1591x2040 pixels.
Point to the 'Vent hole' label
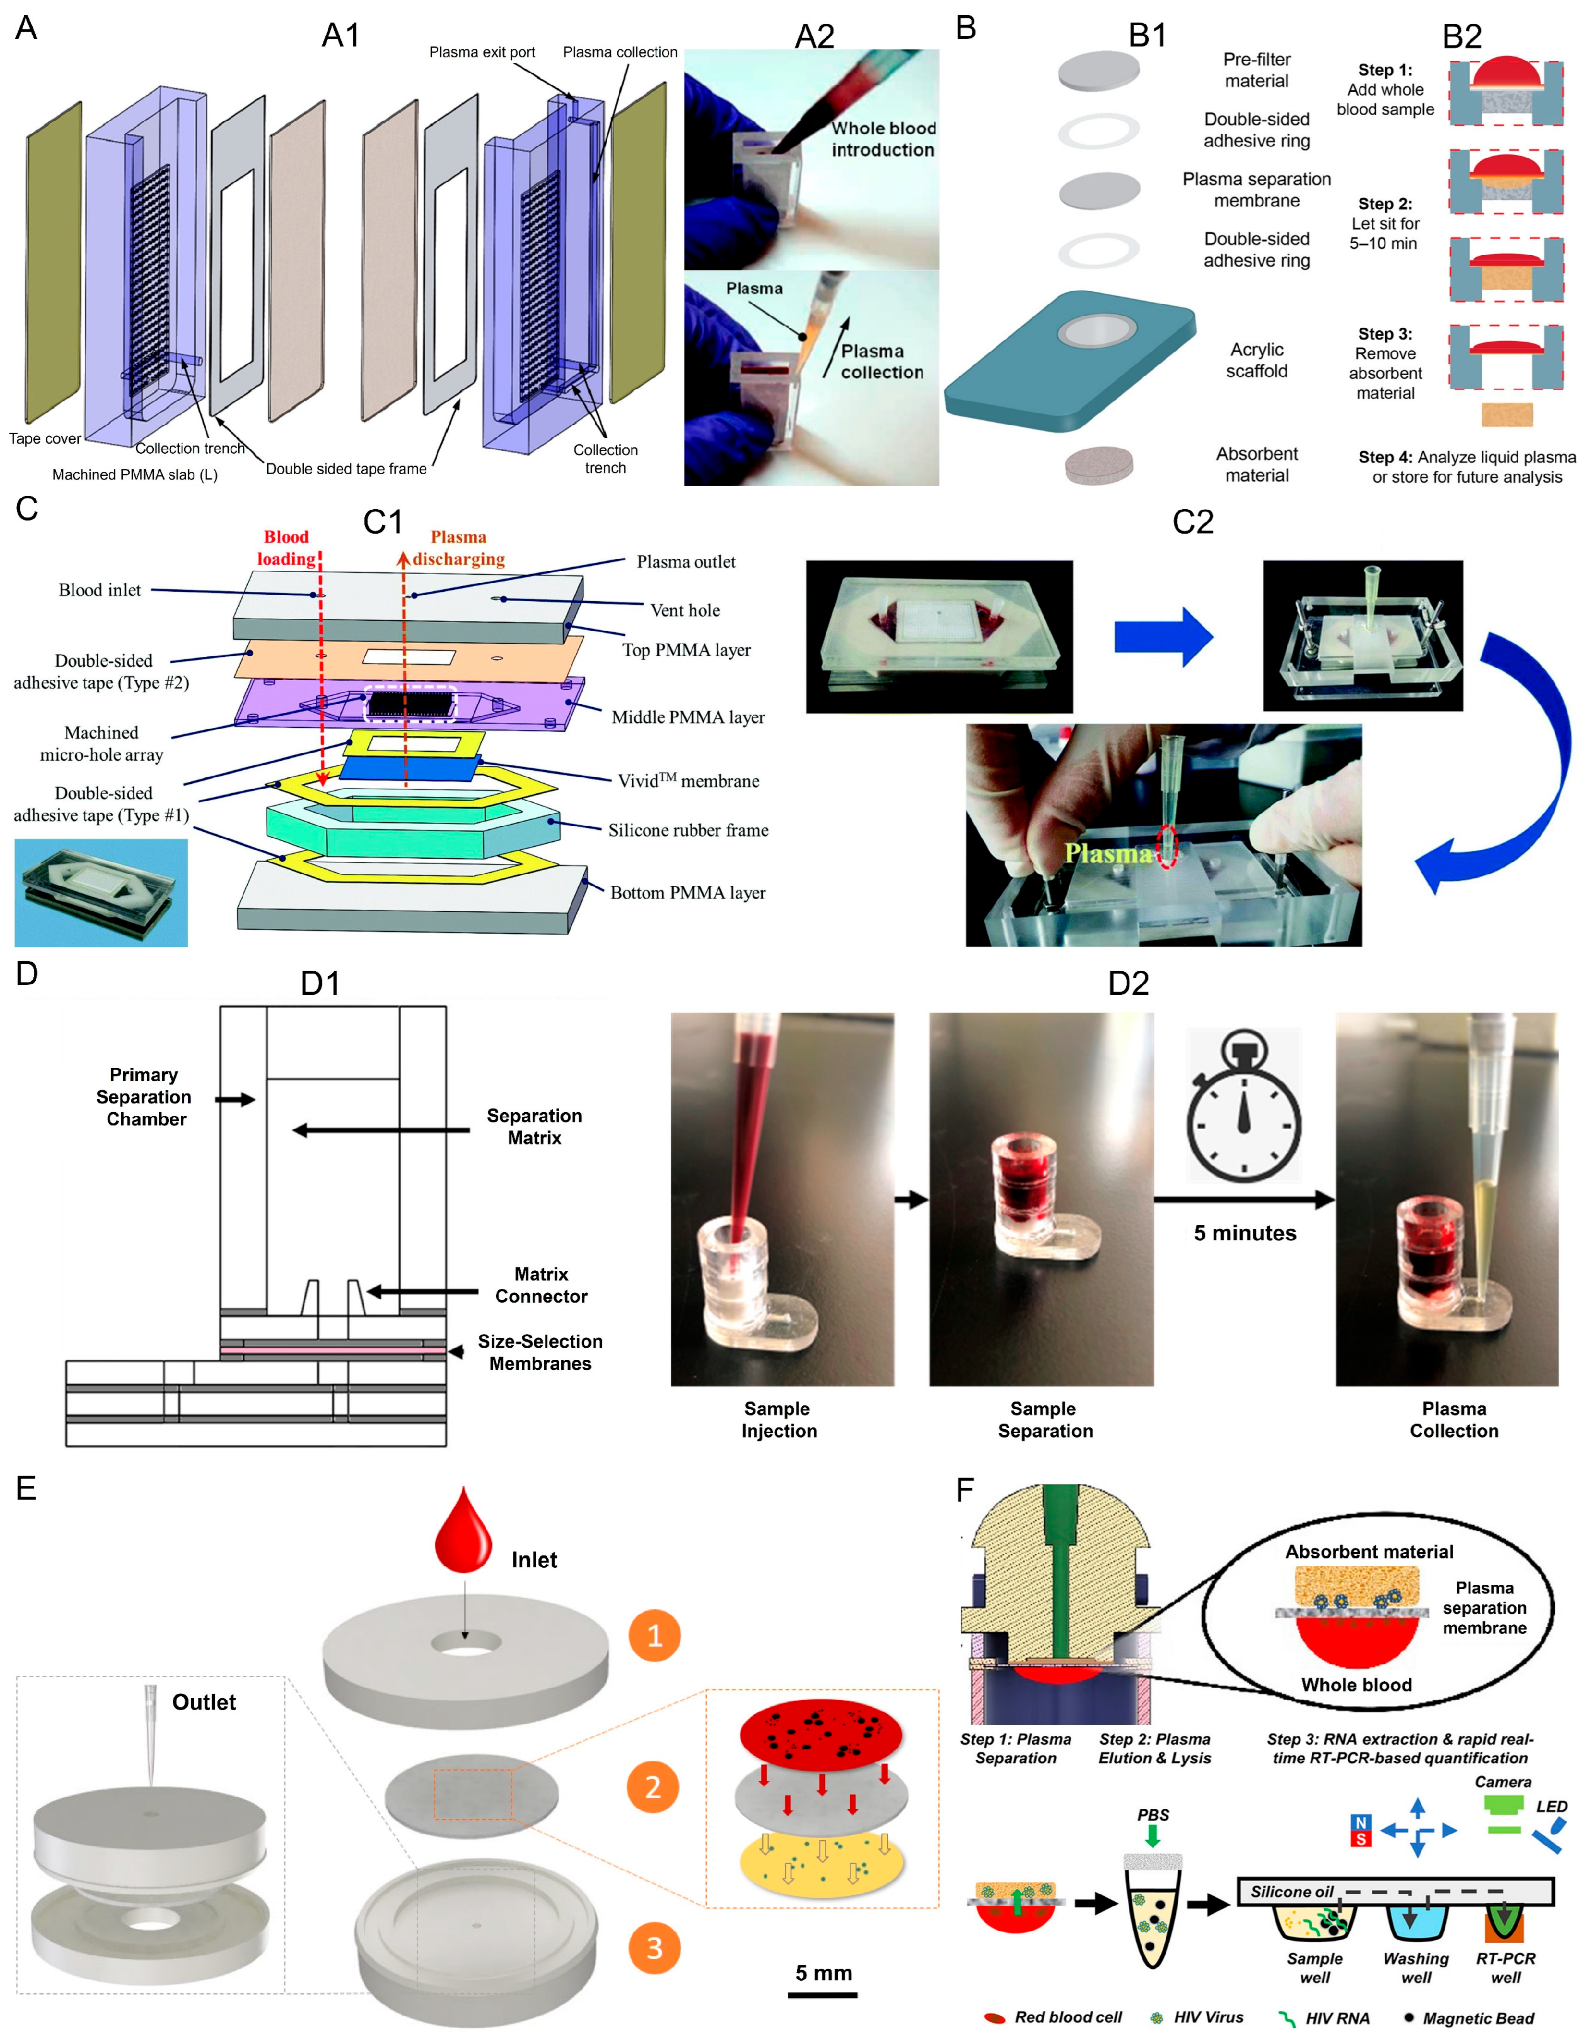pyautogui.click(x=685, y=610)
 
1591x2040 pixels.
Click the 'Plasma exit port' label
pyautogui.click(x=482, y=52)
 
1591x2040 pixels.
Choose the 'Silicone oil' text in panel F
pyautogui.click(x=1291, y=1892)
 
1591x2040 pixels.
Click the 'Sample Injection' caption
pyautogui.click(x=778, y=1419)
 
